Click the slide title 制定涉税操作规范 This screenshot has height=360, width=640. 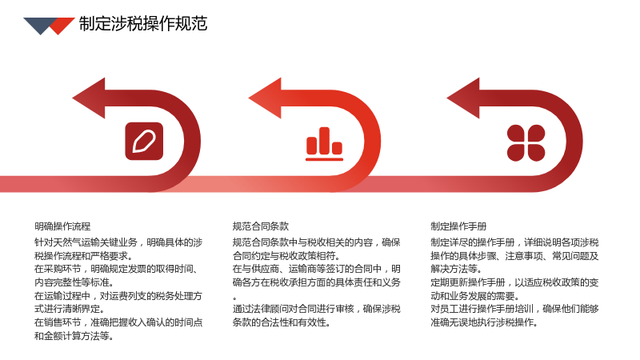click(143, 24)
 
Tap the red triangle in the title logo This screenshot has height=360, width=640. click(62, 26)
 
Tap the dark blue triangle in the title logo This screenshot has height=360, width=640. click(40, 26)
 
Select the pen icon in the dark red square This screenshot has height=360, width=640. click(144, 142)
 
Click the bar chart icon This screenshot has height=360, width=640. click(325, 144)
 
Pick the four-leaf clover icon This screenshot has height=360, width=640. click(526, 142)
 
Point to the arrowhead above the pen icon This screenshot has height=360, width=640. click(89, 98)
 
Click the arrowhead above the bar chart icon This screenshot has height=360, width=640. click(265, 98)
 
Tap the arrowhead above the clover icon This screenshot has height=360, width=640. click(463, 98)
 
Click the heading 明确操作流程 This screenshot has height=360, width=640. click(62, 226)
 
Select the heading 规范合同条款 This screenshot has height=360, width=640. click(261, 226)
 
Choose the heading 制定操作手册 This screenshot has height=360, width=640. click(458, 226)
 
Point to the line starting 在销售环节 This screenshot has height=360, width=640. click(118, 322)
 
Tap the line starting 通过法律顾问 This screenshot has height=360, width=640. click(317, 309)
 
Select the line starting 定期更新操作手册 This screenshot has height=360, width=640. click(514, 282)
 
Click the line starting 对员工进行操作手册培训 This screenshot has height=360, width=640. click(514, 309)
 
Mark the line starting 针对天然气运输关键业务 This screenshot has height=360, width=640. click(118, 242)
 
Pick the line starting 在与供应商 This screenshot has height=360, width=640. click(317, 269)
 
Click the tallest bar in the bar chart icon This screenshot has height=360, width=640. click(325, 141)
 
